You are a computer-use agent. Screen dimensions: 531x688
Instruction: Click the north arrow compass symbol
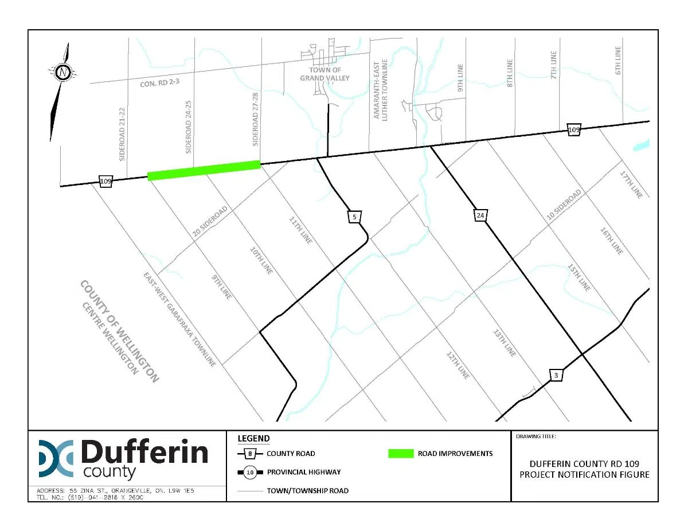click(62, 73)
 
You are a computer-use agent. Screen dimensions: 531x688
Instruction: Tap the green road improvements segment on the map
click(204, 170)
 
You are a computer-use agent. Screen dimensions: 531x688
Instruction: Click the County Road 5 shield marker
click(355, 217)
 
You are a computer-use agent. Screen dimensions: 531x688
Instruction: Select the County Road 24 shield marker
click(480, 215)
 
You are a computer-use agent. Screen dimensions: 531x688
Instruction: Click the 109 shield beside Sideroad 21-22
click(105, 181)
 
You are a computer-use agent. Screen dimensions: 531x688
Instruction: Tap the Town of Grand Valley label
click(325, 74)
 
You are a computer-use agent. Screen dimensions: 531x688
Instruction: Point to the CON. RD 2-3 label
click(159, 84)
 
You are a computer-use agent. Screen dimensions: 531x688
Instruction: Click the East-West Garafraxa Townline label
click(179, 319)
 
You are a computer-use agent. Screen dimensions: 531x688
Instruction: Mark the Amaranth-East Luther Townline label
click(381, 89)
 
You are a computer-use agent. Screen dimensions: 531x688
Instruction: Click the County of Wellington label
click(119, 331)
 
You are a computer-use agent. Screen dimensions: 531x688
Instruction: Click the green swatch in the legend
click(409, 454)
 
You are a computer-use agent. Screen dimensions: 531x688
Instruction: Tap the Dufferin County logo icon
click(56, 458)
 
